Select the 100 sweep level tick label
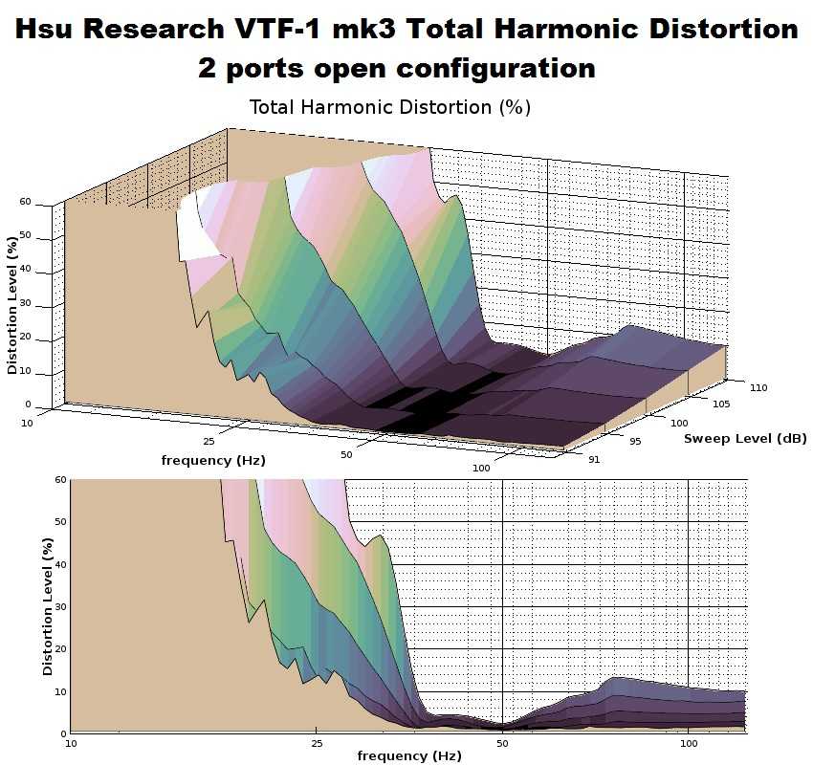pyautogui.click(x=680, y=422)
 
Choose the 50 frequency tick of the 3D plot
pyautogui.click(x=346, y=455)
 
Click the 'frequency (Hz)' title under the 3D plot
pyautogui.click(x=213, y=460)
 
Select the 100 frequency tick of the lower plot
pyautogui.click(x=688, y=742)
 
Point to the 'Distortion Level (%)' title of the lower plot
pyautogui.click(x=48, y=606)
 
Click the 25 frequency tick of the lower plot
pyautogui.click(x=316, y=742)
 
